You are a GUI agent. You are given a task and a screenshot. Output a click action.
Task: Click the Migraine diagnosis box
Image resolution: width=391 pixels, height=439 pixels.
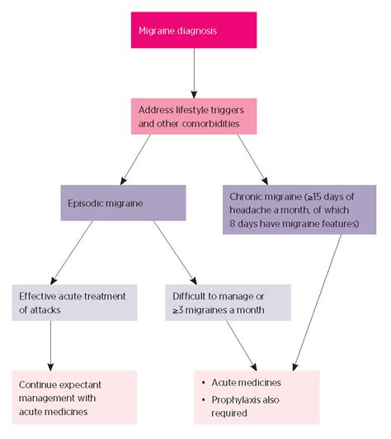194,30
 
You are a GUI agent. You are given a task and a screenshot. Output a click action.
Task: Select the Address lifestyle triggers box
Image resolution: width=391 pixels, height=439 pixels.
194,116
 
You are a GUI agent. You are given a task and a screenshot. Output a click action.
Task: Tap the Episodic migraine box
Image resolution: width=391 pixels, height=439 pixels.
123,203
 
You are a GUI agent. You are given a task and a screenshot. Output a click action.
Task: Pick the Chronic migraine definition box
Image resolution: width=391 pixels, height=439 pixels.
299,210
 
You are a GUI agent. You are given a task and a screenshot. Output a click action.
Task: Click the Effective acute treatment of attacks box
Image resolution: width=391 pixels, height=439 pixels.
74,303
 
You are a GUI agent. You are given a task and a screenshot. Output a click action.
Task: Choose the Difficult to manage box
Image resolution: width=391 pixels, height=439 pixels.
228,303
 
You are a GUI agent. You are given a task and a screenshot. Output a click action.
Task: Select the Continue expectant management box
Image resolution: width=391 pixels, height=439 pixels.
74,398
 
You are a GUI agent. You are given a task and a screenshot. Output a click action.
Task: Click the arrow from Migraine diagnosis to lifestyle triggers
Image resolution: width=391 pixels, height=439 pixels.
194,73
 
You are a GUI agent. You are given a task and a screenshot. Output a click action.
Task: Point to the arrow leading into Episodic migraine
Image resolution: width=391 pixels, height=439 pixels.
135,159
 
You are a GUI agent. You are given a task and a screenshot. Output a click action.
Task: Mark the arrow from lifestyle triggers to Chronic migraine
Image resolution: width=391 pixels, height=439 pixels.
252,159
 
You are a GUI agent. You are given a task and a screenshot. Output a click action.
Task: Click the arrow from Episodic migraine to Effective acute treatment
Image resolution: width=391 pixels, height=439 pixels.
72,253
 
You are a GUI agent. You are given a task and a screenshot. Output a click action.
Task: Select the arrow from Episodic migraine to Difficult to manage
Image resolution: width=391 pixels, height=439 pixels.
175,253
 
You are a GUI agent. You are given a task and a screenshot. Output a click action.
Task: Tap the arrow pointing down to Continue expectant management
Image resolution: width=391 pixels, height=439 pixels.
50,346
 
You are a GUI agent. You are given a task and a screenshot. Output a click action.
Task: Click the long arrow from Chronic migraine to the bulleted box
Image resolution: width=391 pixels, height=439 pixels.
317,303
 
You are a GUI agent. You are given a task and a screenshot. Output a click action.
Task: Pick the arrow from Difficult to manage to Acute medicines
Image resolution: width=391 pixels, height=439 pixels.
242,346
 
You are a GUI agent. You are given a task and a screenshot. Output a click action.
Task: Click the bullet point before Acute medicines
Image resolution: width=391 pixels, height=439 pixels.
204,383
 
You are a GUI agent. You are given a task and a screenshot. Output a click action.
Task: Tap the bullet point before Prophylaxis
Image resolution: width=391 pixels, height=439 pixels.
204,399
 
